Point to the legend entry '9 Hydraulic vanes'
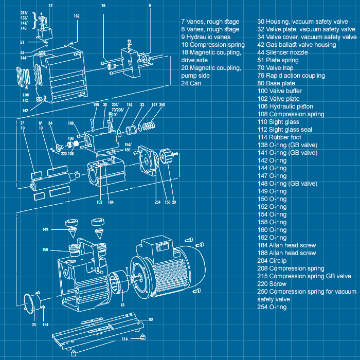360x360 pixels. click(206, 37)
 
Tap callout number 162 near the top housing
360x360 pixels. click(77, 16)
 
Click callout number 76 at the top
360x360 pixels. click(103, 6)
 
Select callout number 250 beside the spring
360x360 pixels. click(162, 105)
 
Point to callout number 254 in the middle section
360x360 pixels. click(157, 202)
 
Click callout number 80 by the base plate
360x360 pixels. click(151, 319)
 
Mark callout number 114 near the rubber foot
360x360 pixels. click(124, 339)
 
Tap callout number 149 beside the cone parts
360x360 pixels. click(45, 229)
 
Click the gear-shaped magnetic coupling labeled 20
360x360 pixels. click(168, 156)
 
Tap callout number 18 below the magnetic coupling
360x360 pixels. click(122, 305)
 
